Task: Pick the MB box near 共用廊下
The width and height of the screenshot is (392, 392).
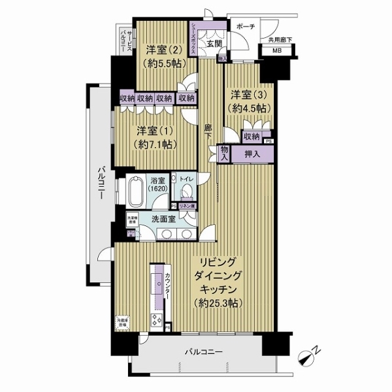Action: click(x=277, y=51)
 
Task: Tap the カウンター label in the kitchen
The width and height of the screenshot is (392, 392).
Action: click(x=168, y=286)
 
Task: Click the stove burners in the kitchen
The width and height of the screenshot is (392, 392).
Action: click(x=157, y=321)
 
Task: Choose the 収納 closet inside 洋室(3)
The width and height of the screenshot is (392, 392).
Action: click(x=251, y=137)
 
